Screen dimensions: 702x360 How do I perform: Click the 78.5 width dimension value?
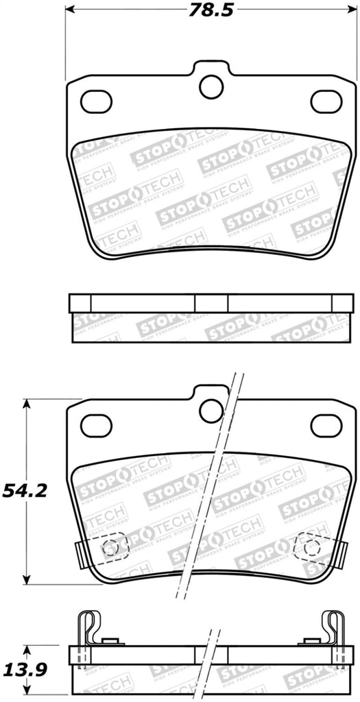coord(211,10)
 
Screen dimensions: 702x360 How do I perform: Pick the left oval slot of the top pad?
coord(96,101)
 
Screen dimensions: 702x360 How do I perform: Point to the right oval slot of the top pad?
coord(326,101)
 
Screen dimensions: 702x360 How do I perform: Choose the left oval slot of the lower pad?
coord(96,426)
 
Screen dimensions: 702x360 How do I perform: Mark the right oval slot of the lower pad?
coord(326,426)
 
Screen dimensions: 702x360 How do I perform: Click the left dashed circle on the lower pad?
coord(109,547)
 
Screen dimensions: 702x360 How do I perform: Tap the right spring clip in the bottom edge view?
coord(334,627)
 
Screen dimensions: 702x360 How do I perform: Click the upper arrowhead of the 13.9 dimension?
coord(27,650)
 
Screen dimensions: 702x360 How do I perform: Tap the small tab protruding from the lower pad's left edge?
coord(75,550)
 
